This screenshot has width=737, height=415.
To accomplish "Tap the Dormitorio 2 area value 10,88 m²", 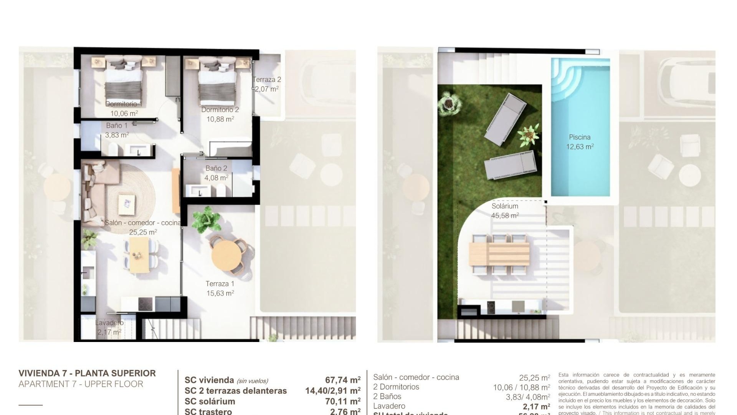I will pos(220,119).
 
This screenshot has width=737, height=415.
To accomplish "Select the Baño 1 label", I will pos(117,126).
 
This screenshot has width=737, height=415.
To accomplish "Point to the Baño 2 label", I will pos(216,168).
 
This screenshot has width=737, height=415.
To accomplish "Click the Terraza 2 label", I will pos(267,80).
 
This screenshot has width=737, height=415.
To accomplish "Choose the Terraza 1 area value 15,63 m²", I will pos(220,293).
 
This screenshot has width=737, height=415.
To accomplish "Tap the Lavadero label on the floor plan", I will pos(109,323).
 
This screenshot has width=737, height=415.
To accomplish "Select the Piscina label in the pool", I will pos(580,137).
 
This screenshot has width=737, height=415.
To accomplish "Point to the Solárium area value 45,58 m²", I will pos(505,216).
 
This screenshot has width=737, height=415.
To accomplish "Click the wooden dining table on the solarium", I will pos(499,254).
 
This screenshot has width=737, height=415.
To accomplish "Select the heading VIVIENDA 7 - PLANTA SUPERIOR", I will pos(87,373).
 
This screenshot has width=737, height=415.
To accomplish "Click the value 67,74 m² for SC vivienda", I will pos(342,380).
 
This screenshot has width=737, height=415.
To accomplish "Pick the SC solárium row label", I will pos(210,402).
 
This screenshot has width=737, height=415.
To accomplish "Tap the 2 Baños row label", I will pos(387,397).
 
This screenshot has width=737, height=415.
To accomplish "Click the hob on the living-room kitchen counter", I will pos(145,304).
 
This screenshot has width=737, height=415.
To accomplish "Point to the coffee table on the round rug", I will pos(127,204).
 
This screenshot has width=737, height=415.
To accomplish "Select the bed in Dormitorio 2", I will pos(217,83).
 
